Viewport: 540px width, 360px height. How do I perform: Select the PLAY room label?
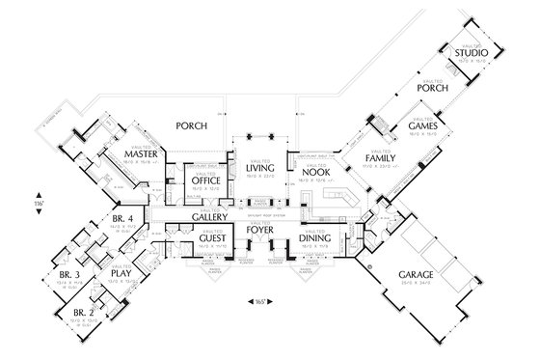120,273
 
